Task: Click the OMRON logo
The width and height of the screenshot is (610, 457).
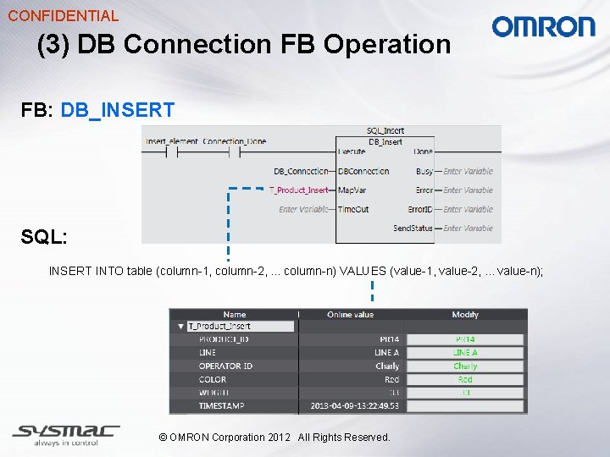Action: pyautogui.click(x=543, y=27)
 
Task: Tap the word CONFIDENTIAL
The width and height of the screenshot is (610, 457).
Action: pyautogui.click(x=64, y=15)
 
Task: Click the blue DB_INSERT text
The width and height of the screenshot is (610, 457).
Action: pyautogui.click(x=118, y=110)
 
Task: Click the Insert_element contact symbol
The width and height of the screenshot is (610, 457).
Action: pyautogui.click(x=172, y=152)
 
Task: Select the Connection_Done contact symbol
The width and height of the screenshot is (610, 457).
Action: pyautogui.click(x=235, y=152)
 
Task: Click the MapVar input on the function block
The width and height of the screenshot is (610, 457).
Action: pyautogui.click(x=352, y=190)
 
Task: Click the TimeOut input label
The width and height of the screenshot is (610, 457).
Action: pyautogui.click(x=354, y=209)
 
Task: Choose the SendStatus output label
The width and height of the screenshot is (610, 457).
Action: pyautogui.click(x=413, y=228)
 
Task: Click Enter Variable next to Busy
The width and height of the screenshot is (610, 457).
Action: pyautogui.click(x=468, y=172)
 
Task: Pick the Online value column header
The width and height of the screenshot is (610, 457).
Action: pyautogui.click(x=350, y=315)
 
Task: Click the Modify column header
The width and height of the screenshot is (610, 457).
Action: pyautogui.click(x=465, y=315)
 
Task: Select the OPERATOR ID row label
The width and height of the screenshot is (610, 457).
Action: pyautogui.click(x=225, y=366)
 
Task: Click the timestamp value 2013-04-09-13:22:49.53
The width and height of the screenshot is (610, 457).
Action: pyautogui.click(x=355, y=406)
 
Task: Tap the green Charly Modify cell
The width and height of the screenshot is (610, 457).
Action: pyautogui.click(x=465, y=366)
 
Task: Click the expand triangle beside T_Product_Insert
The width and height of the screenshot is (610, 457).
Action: pyautogui.click(x=180, y=327)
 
